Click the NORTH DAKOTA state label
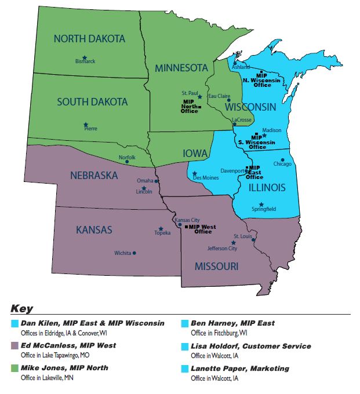coord(89,39)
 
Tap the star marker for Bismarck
coord(85,57)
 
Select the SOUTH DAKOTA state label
coord(92,102)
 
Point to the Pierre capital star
coord(86,124)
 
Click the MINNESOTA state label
coord(181,68)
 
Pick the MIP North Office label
coord(190,107)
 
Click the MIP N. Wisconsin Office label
coord(263,80)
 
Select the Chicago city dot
coord(283,160)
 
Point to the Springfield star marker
coord(261,204)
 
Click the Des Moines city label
coord(206,178)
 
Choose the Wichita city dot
coord(134,253)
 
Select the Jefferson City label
coord(222,249)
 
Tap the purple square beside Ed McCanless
coord(14,346)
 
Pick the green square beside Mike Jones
coord(14,369)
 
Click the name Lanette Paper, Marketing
coord(237,369)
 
